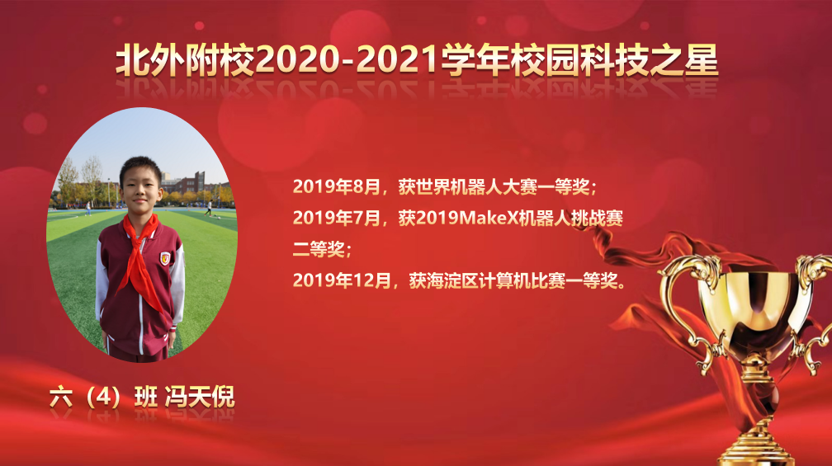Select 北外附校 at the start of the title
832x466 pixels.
tap(185, 59)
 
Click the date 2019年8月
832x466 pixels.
tap(337, 186)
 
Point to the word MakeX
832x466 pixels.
tap(487, 218)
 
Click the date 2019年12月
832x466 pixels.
tap(342, 280)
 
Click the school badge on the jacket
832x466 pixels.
tap(165, 259)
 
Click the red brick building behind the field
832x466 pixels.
tap(187, 183)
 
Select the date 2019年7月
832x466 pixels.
tap(337, 218)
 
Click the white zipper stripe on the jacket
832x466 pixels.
tap(140, 318)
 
